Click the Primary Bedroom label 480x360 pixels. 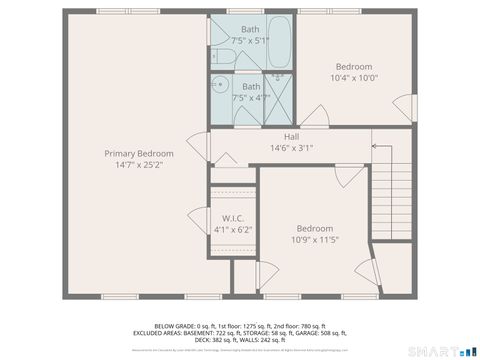click(x=139, y=153)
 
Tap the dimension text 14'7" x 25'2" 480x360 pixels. click(x=139, y=165)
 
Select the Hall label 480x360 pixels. click(x=291, y=136)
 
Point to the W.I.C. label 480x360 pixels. click(x=233, y=218)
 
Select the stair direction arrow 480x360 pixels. click(x=381, y=147)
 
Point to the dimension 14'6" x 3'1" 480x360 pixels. click(x=291, y=148)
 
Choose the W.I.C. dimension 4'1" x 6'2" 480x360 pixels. click(x=233, y=230)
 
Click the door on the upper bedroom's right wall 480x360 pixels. click(x=405, y=104)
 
